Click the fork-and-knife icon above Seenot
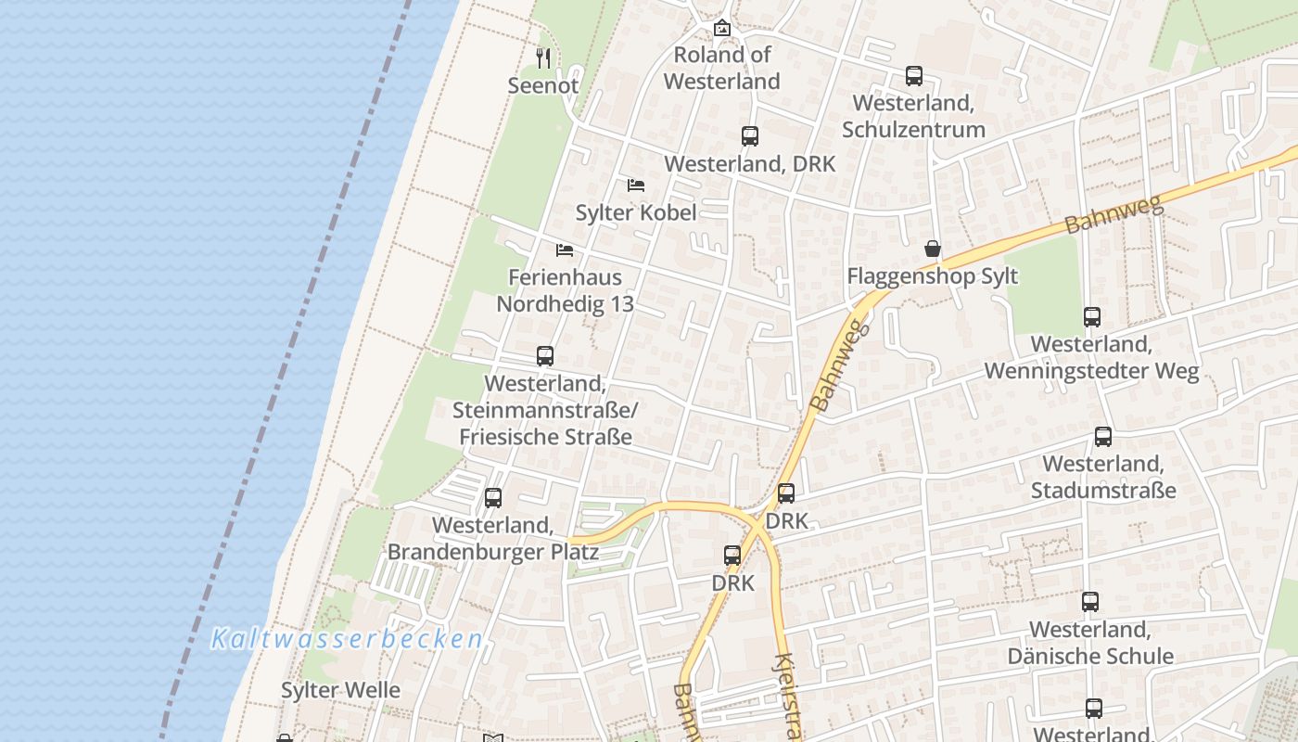tap(543, 58)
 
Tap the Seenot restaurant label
tap(543, 85)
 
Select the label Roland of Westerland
tap(722, 68)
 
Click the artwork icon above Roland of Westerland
tap(722, 29)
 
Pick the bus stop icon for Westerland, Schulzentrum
tap(914, 76)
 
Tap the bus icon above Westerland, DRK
tap(750, 136)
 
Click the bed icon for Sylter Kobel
tap(636, 185)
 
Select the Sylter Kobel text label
tap(636, 212)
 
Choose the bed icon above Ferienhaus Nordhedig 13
tap(565, 250)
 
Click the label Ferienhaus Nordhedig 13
tap(566, 290)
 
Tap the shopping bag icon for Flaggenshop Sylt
tap(933, 249)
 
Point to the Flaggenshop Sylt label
tap(933, 276)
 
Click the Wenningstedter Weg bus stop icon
tap(1092, 317)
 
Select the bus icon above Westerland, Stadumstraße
tap(1103, 437)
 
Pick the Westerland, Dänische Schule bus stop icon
tap(1090, 602)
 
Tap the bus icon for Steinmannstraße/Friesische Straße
tap(545, 356)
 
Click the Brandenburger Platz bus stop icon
tap(493, 498)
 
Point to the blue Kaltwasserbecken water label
tap(348, 638)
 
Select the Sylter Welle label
tap(340, 690)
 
